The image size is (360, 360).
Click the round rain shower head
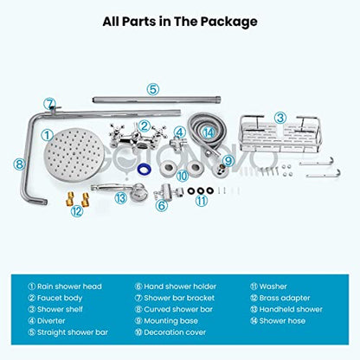point(74,155)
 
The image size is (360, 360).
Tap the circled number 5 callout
point(153,89)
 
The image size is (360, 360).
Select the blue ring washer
point(144,170)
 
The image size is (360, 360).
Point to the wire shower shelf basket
point(280,133)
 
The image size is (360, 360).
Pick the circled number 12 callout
point(77,211)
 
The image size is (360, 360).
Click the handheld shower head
point(120,190)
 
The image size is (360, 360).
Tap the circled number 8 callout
point(19,164)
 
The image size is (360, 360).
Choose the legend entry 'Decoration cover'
point(170,332)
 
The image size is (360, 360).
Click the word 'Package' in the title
point(229,22)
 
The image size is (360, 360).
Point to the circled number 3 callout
point(280,118)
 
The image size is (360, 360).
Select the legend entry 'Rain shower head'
point(65,286)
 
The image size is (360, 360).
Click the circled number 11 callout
point(202,201)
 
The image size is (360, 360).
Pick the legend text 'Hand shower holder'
point(176,286)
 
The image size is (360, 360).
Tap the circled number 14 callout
point(209,133)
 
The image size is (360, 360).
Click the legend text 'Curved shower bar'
point(174,309)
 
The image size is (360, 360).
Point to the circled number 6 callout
point(162,205)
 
